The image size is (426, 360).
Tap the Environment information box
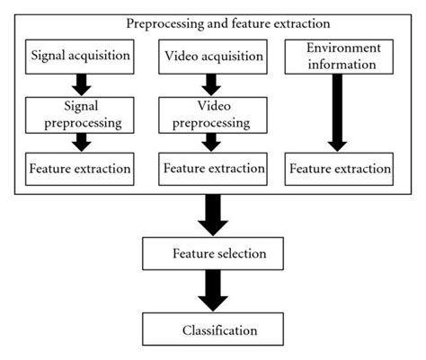click(340, 56)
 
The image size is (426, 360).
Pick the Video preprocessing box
click(213, 113)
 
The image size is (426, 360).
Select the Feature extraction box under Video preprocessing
click(213, 168)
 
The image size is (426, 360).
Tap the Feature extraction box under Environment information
click(340, 168)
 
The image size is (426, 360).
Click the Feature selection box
click(213, 254)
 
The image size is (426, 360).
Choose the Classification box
click(213, 329)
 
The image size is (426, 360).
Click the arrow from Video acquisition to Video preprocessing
click(213, 83)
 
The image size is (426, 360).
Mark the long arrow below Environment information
click(340, 111)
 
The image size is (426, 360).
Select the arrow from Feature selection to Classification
click(213, 292)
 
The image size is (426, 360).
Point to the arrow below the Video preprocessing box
click(213, 142)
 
